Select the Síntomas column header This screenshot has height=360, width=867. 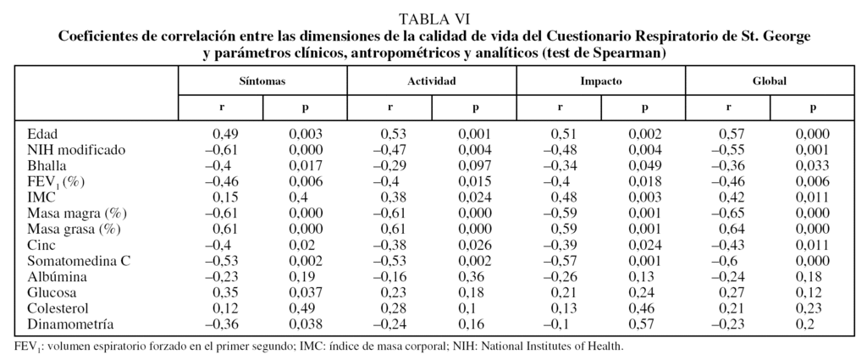click(262, 81)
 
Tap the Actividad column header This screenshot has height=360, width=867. click(432, 81)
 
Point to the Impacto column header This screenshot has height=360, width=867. click(601, 81)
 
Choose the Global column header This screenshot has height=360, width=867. click(770, 81)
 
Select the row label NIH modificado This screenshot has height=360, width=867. click(76, 149)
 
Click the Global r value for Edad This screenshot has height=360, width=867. click(733, 134)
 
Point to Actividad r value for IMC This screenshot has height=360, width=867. click(395, 197)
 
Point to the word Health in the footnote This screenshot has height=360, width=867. click(605, 346)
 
